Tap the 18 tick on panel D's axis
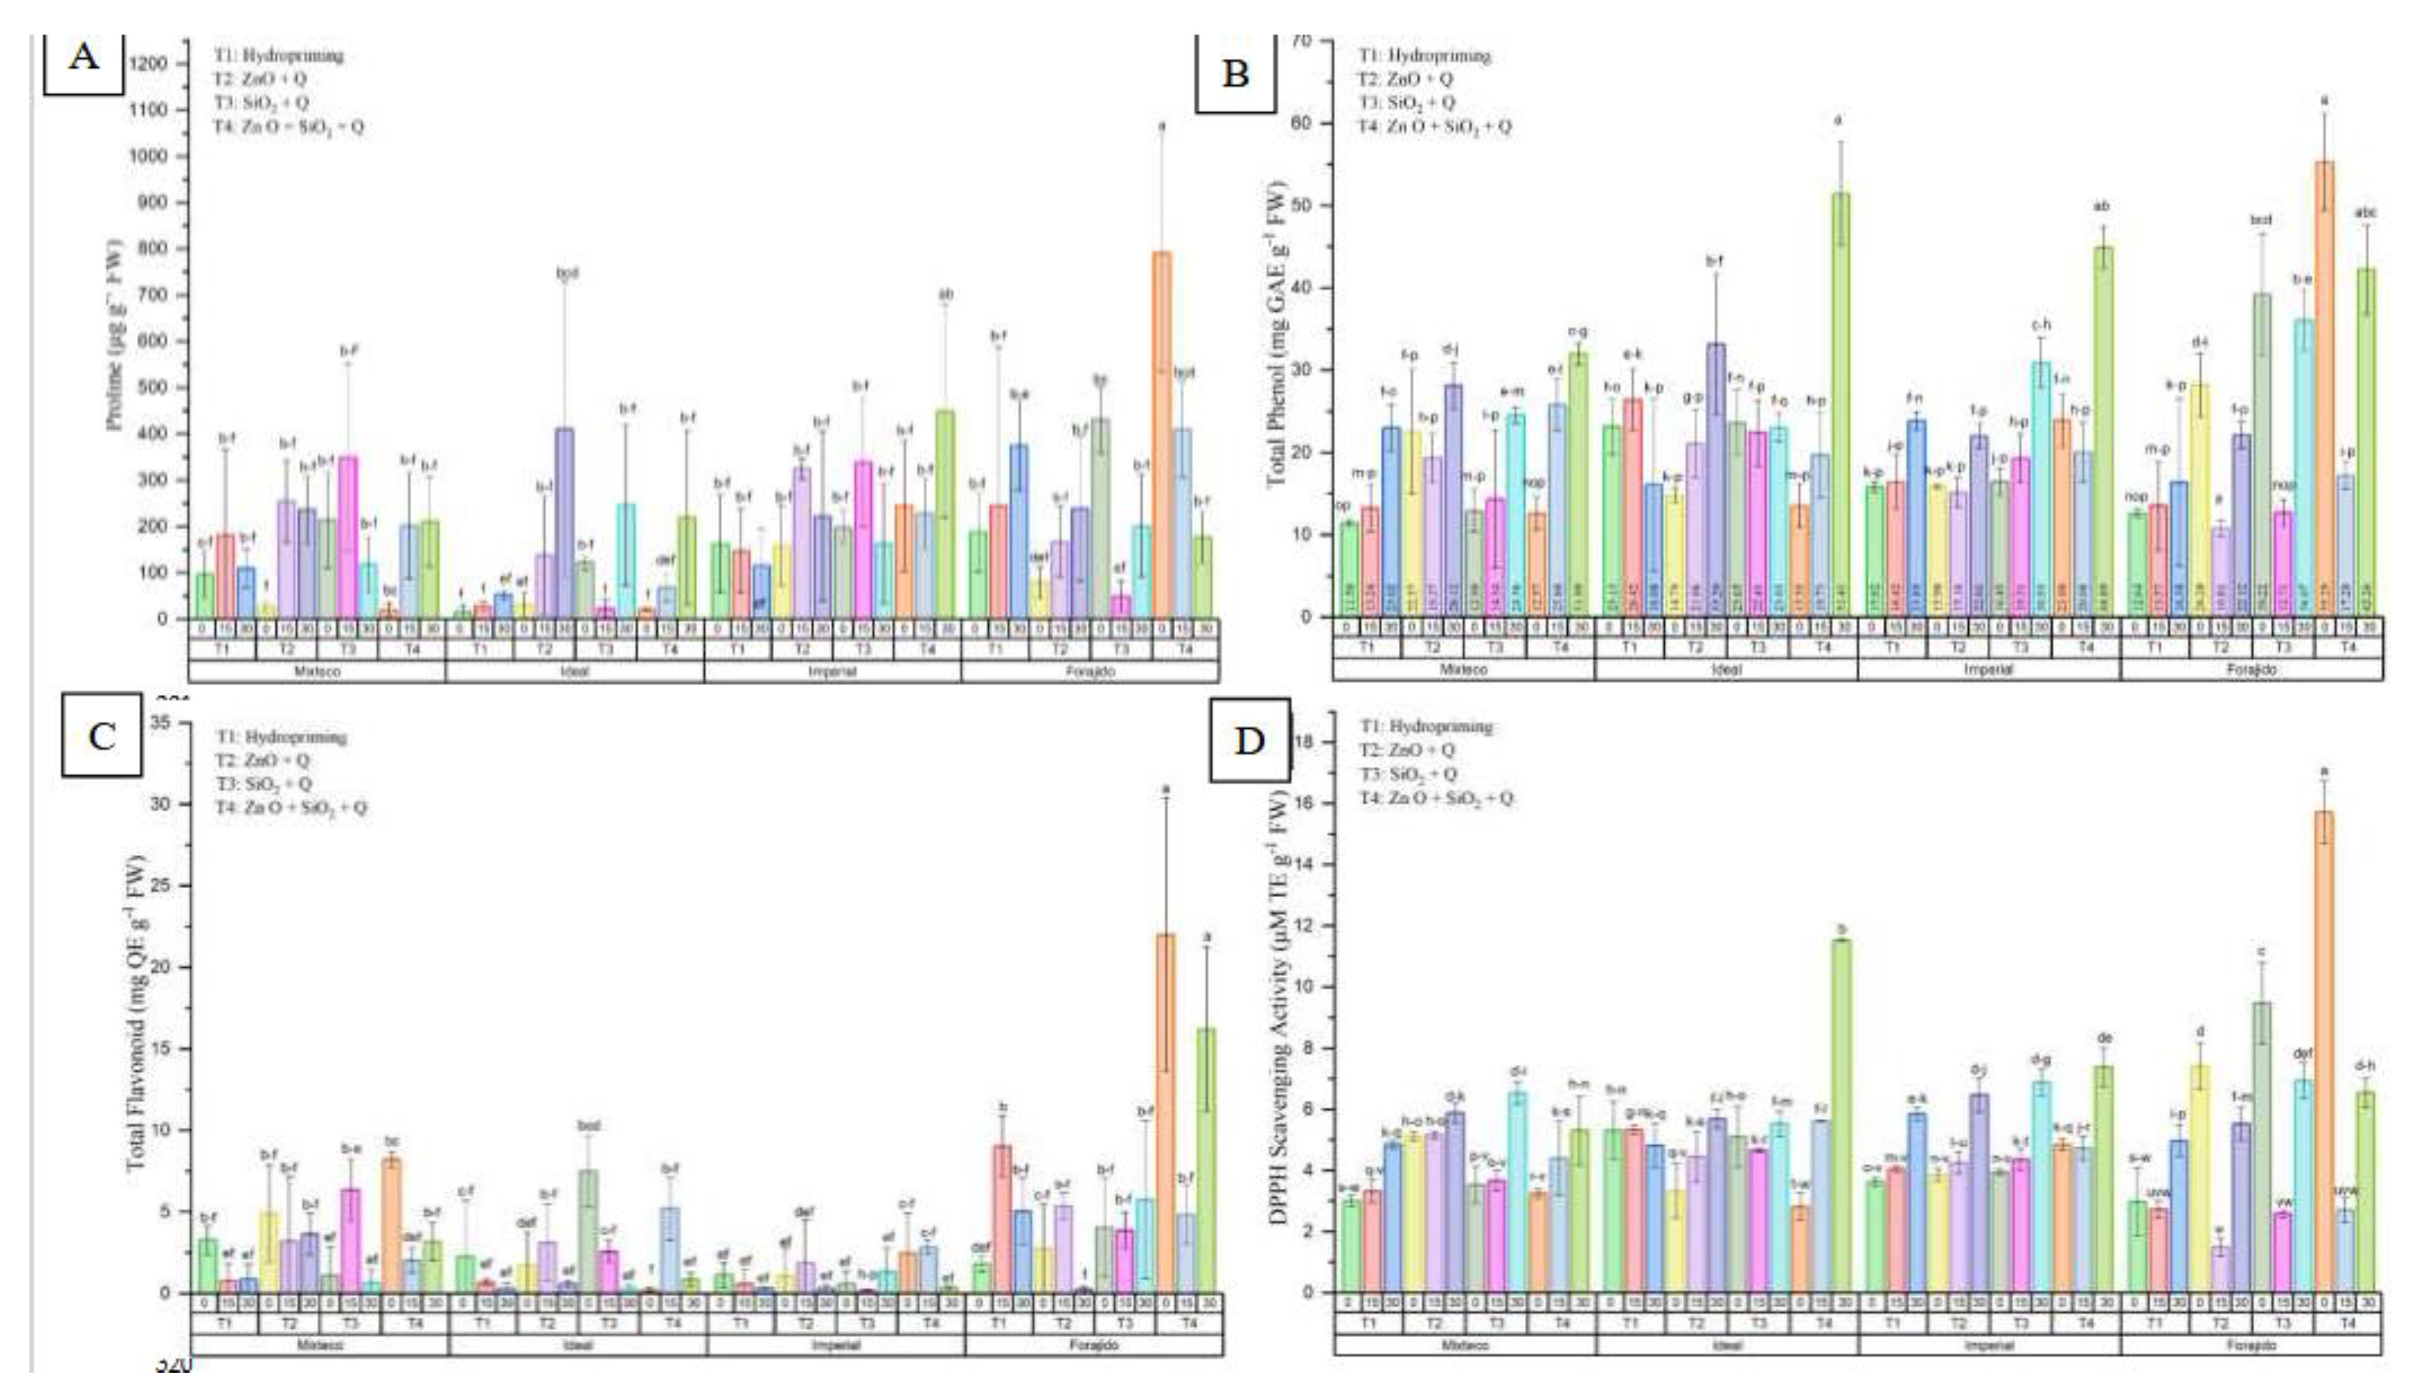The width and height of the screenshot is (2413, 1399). point(1321,742)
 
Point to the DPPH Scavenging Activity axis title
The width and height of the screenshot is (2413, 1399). point(1278,1004)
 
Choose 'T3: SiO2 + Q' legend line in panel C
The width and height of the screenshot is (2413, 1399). point(262,784)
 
